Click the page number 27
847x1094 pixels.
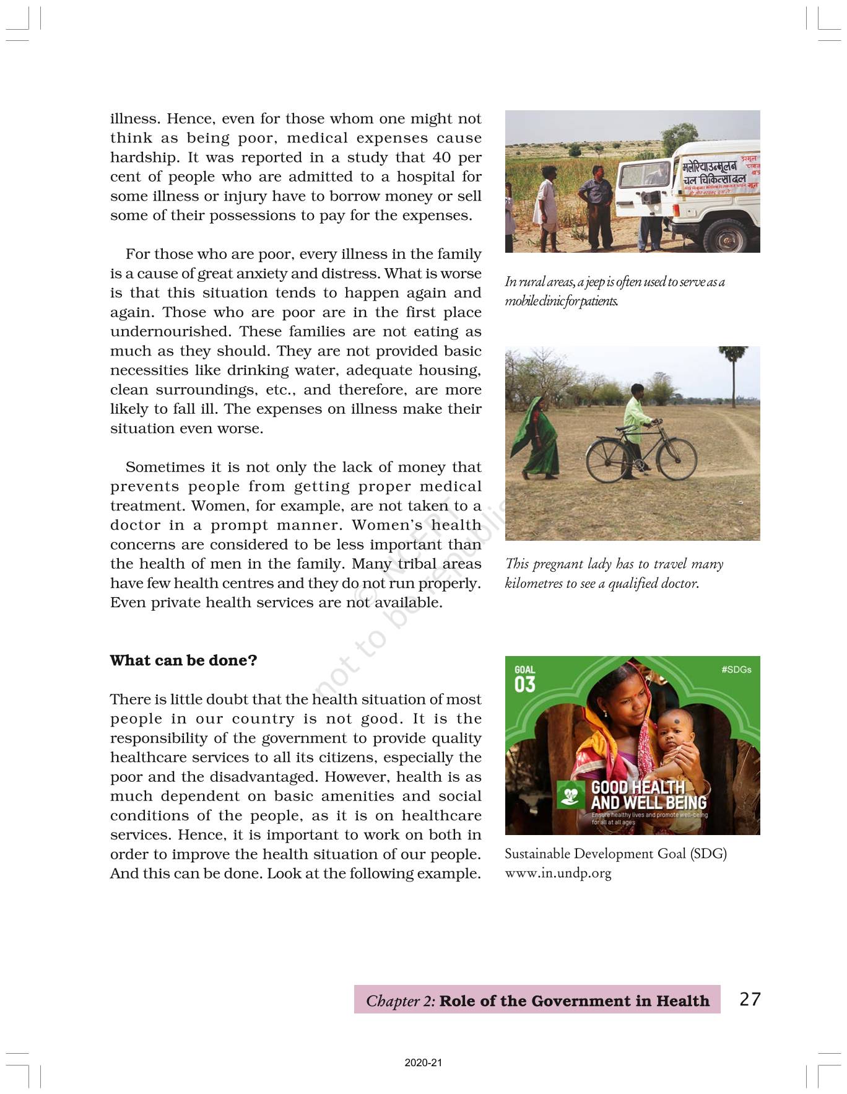[750, 999]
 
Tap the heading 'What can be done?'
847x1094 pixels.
[183, 660]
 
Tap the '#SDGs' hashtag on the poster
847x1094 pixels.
[736, 670]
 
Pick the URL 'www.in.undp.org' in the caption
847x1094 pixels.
[558, 873]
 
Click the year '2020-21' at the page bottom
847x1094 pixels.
[423, 1063]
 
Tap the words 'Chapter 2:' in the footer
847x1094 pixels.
[401, 1001]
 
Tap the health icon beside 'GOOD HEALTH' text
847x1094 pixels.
[571, 795]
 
